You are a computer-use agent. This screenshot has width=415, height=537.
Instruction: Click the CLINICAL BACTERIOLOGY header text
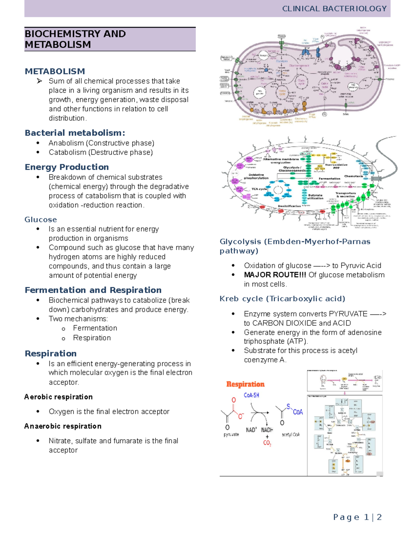pos(334,9)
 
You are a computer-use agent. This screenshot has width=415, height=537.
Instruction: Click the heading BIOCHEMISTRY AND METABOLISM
pos(75,39)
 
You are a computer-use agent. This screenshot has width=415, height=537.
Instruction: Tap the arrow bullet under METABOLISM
pos(39,81)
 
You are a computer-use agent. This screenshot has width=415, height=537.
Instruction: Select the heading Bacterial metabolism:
pos(75,133)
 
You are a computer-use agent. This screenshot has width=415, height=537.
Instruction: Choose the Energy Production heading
pos(67,167)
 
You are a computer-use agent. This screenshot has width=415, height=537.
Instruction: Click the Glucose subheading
pos(40,220)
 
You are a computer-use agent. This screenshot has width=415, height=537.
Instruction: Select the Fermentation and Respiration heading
pos(93,290)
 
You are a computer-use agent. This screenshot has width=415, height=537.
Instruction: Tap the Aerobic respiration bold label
pos(58,397)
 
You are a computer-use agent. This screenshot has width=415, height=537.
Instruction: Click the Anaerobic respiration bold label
pos(63,426)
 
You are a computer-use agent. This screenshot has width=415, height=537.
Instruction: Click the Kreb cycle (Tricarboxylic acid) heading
pos(282,299)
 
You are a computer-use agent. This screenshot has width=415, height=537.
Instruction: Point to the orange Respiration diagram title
pos(245,384)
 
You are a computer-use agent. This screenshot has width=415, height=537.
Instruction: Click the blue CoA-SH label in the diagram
pos(251,395)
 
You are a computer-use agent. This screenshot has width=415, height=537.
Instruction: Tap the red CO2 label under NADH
pos(267,443)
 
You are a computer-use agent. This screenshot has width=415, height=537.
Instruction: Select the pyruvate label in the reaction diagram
pos(231,435)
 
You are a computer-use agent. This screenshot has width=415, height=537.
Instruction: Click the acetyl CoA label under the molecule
pos(290,435)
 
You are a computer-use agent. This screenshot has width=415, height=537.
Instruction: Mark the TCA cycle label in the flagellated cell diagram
pos(259,189)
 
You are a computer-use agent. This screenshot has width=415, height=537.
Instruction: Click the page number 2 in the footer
pos(379,517)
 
